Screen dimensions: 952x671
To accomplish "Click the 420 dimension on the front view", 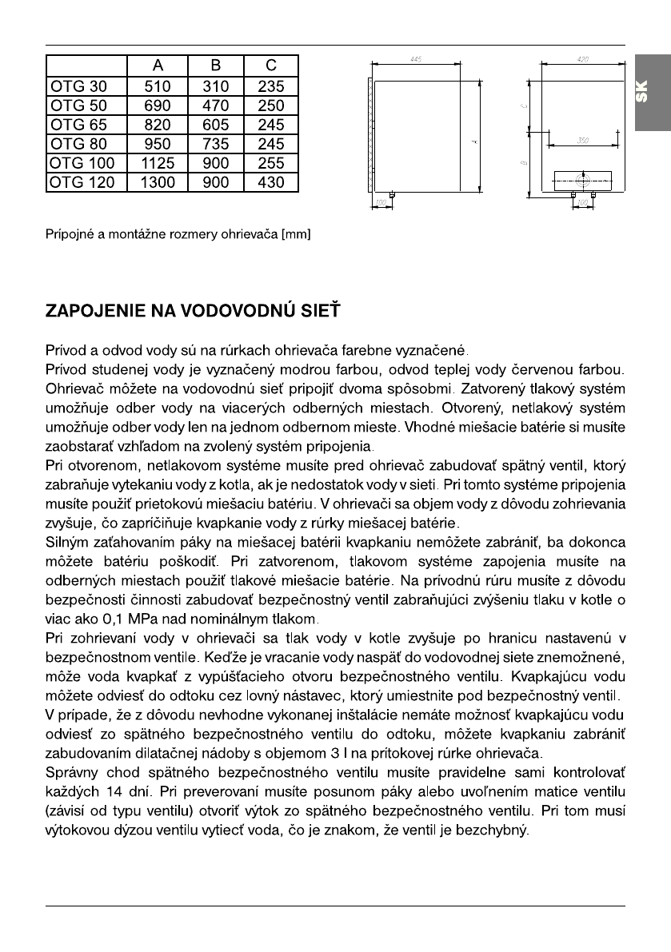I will pos(583,60).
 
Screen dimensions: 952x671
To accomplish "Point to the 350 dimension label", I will pos(583,140).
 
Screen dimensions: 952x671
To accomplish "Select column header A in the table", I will pos(157,66).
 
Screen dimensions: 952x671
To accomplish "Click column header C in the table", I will pos(271,66).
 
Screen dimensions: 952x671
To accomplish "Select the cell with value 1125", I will pos(157,163).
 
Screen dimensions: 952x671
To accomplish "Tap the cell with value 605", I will pos(215,125).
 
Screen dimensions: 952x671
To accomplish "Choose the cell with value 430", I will pos(271,182).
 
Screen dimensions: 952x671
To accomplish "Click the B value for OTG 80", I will pos(215,144).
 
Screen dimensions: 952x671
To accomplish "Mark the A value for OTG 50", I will pos(157,106).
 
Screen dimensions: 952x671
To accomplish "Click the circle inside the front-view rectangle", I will pos(583,181).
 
